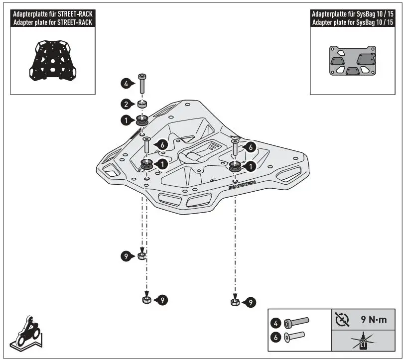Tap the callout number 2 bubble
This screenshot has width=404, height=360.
click(x=126, y=104)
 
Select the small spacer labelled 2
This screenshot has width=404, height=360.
click(x=142, y=105)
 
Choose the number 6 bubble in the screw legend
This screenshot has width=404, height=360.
click(x=275, y=338)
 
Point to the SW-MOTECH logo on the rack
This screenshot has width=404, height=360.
click(x=242, y=185)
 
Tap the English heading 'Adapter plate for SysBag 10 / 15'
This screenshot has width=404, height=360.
click(x=354, y=22)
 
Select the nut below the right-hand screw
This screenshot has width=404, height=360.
click(x=234, y=301)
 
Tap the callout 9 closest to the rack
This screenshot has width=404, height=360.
click(x=127, y=256)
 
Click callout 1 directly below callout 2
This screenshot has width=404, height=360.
click(x=126, y=120)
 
